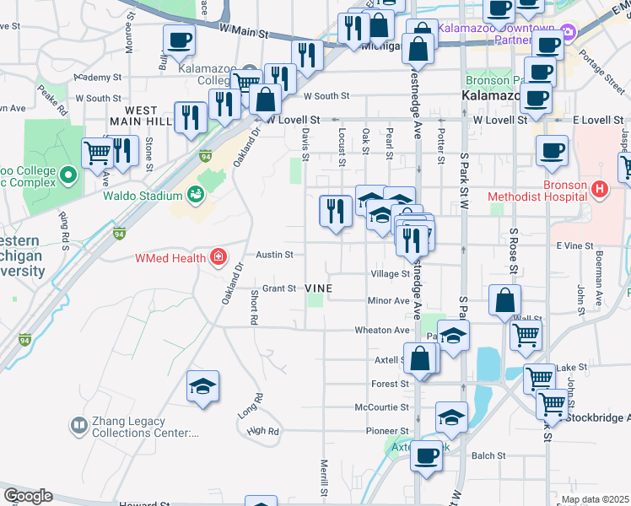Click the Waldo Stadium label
143,196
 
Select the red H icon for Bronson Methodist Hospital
600,187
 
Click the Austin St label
274,255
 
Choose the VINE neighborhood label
318,288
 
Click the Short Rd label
253,308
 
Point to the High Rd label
262,431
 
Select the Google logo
28,496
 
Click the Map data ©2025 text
595,499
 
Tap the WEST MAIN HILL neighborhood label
141,116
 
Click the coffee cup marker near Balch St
426,456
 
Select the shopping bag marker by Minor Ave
504,299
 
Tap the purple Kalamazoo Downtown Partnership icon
567,33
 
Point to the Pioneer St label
387,431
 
